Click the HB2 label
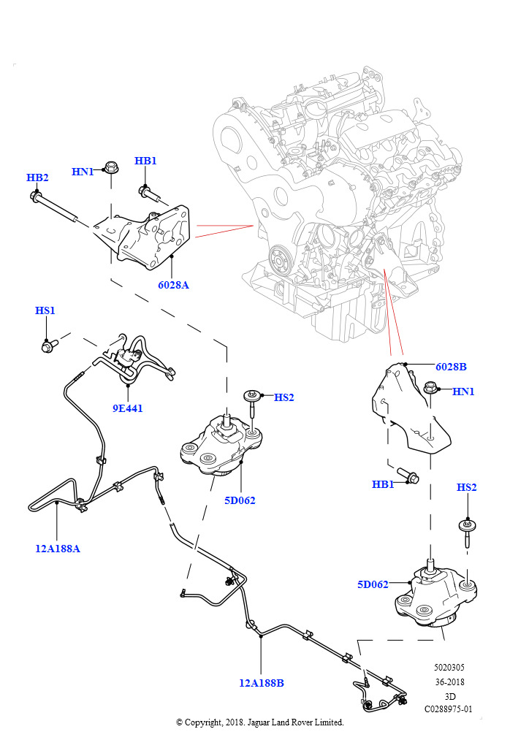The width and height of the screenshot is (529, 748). pos(37,178)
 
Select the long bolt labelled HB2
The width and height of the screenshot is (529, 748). pos(56,207)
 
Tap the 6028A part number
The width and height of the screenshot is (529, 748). pos(173,285)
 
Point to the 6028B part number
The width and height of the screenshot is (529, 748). pos(451,367)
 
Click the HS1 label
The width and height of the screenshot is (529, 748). pos(45,310)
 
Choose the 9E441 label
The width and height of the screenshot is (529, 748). pos(127,408)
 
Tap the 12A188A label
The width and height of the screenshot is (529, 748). pos(58,549)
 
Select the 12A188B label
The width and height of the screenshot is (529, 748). pos(261,683)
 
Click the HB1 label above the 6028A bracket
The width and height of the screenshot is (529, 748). pos(145,161)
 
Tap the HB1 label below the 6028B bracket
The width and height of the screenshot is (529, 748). pos(383,484)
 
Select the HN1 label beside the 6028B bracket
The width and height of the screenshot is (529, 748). pos(463,392)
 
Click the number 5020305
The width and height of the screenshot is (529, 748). pos(449,668)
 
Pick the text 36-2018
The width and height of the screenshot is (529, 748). pos(449,682)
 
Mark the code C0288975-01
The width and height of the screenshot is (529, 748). pos(449,709)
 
